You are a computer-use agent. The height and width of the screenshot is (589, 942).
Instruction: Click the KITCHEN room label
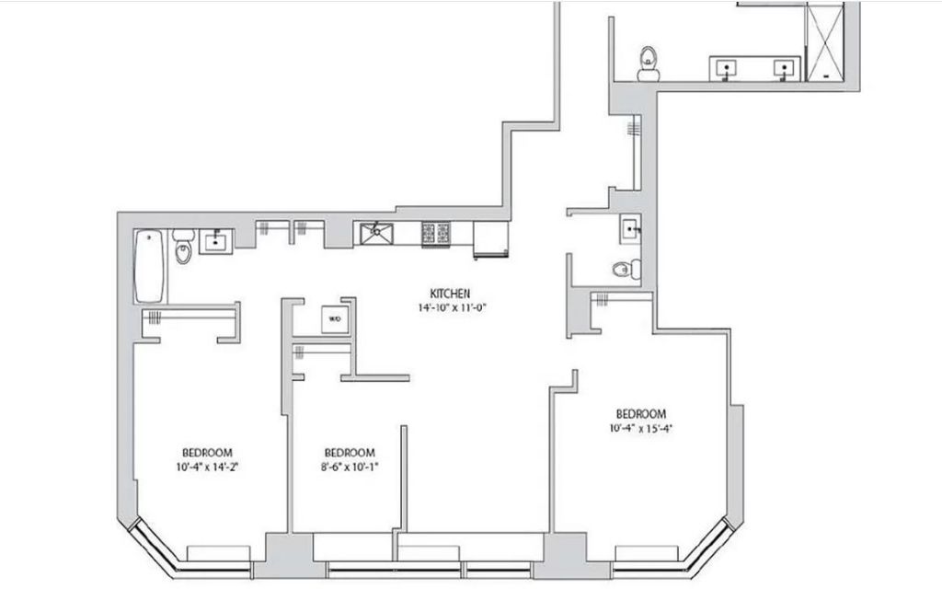coord(450,294)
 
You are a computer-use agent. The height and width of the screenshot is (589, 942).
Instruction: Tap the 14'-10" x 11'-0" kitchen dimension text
coord(452,307)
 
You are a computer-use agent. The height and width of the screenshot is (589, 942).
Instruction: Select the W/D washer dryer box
coord(334,319)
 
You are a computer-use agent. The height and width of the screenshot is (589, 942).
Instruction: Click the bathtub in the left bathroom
coord(150,266)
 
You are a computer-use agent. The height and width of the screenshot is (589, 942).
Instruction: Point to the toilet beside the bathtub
coord(183,247)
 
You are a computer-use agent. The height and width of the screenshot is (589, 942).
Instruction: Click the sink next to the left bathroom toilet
coord(215,242)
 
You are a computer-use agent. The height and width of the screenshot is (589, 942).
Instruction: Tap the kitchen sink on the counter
coord(376,233)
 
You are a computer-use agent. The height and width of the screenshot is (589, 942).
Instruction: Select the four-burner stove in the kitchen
coord(436,233)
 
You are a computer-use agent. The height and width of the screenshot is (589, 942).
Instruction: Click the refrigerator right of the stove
coord(491,239)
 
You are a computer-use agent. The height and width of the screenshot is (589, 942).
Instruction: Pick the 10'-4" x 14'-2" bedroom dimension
coord(207,467)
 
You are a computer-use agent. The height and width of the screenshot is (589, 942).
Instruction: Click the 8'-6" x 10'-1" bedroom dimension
coord(350,467)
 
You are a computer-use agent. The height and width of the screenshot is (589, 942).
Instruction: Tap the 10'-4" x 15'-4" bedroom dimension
coord(640,429)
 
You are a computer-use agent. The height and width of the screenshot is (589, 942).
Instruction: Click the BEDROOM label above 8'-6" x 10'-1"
coord(350,453)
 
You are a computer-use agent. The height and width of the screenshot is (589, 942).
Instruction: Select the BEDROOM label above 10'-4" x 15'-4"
coord(641,414)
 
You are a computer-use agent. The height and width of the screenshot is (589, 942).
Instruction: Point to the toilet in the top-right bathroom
coord(649,64)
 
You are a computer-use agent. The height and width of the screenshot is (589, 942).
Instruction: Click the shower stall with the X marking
coord(824,41)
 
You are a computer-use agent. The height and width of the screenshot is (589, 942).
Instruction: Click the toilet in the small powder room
coord(626,270)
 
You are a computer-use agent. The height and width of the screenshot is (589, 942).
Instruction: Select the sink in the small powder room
coord(630,229)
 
